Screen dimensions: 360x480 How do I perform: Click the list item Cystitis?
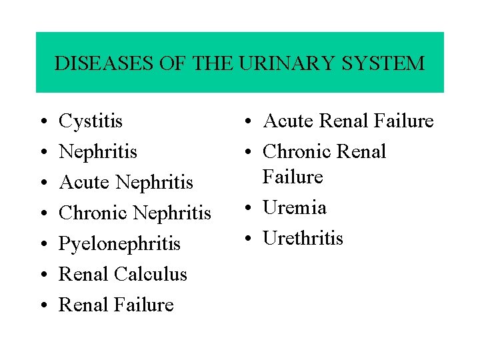tap(91, 121)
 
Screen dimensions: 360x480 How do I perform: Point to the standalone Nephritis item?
tap(98, 152)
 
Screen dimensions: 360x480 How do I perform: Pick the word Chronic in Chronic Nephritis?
tap(93, 213)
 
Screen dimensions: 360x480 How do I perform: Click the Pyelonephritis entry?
tap(119, 243)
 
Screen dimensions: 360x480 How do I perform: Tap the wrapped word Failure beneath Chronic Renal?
tap(292, 177)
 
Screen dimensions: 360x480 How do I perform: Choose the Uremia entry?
tap(294, 208)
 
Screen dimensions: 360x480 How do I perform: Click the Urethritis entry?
tap(303, 238)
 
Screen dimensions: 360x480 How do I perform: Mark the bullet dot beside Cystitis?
tap(42, 123)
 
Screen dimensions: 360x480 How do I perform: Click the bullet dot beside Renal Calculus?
tap(42, 275)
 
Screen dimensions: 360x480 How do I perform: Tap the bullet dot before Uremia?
tap(247, 209)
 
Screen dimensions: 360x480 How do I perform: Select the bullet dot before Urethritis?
tap(247, 239)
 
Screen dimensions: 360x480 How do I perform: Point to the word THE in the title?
tap(210, 63)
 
